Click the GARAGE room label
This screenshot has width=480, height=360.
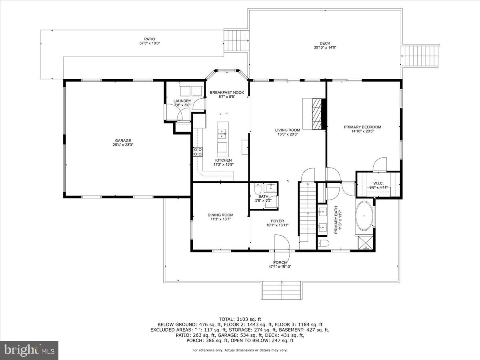point(123,140)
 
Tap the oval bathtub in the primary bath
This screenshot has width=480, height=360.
point(364,216)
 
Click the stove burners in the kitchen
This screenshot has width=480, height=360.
point(198,152)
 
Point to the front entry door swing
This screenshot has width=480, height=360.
point(282,242)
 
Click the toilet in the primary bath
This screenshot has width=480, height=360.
point(323,243)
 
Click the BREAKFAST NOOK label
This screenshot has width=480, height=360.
point(227,92)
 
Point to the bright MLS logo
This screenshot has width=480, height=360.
point(29,350)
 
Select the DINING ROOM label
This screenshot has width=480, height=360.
point(220,215)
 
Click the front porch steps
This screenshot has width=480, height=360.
point(282,290)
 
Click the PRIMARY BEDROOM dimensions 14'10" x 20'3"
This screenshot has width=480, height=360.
point(362,131)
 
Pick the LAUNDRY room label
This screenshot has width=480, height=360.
point(182,101)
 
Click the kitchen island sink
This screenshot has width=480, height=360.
point(222,133)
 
